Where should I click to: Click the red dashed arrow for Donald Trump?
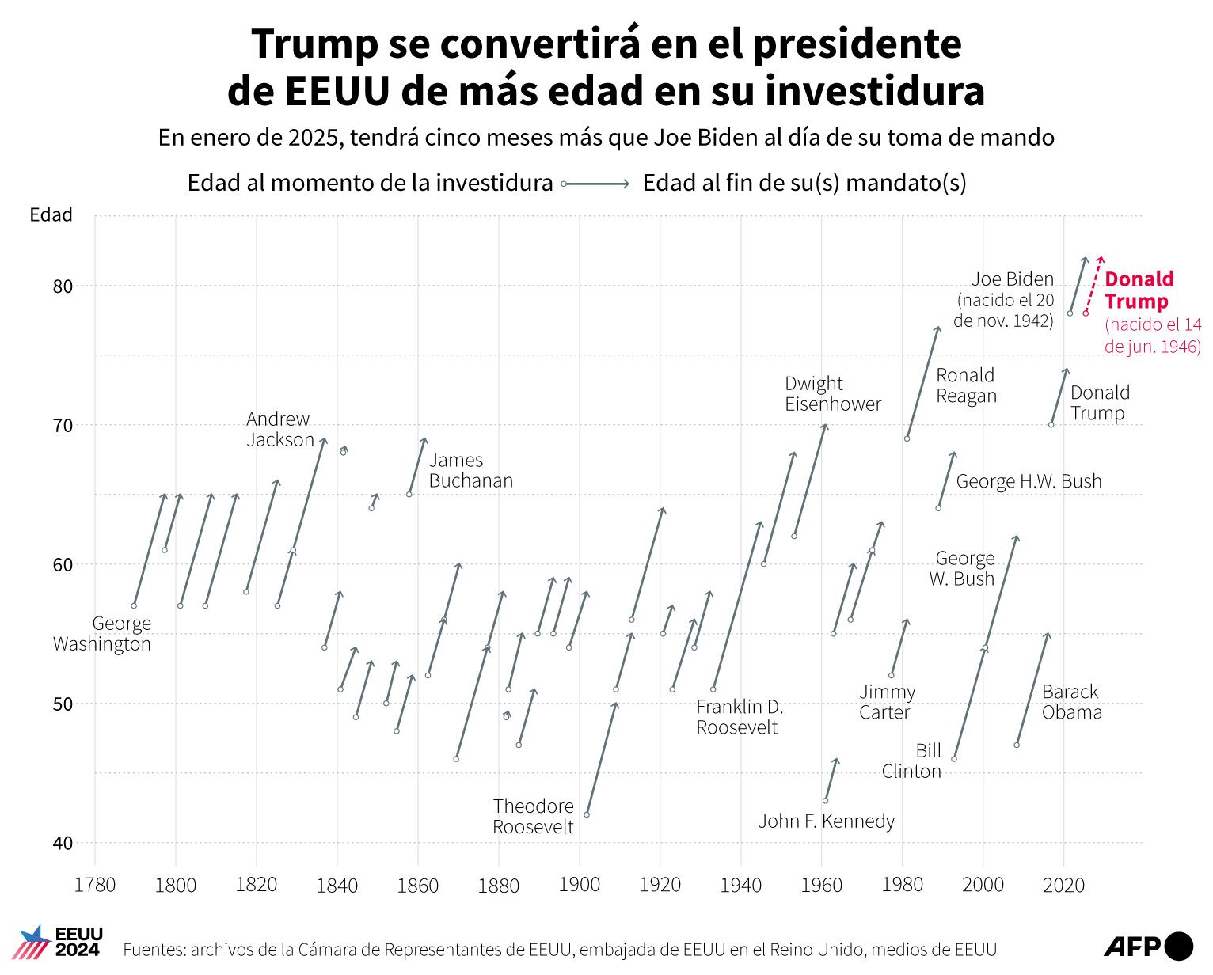[1093, 285]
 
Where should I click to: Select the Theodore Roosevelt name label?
[533, 817]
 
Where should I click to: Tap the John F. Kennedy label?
[826, 821]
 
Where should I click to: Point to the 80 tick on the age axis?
[63, 286]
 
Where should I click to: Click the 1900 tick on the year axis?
[580, 885]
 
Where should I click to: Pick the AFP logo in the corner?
[1147, 946]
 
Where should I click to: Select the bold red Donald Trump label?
[1138, 290]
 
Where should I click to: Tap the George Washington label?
[102, 634]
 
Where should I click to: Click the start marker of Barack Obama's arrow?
[1017, 745]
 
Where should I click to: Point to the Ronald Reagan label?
[965, 385]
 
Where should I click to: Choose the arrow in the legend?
[596, 184]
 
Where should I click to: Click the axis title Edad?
[51, 215]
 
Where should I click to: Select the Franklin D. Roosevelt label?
[739, 717]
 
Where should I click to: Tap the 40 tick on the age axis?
[63, 843]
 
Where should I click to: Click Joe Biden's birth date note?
[1004, 311]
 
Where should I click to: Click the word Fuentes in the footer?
[152, 950]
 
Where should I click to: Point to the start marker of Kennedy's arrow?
[826, 800]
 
